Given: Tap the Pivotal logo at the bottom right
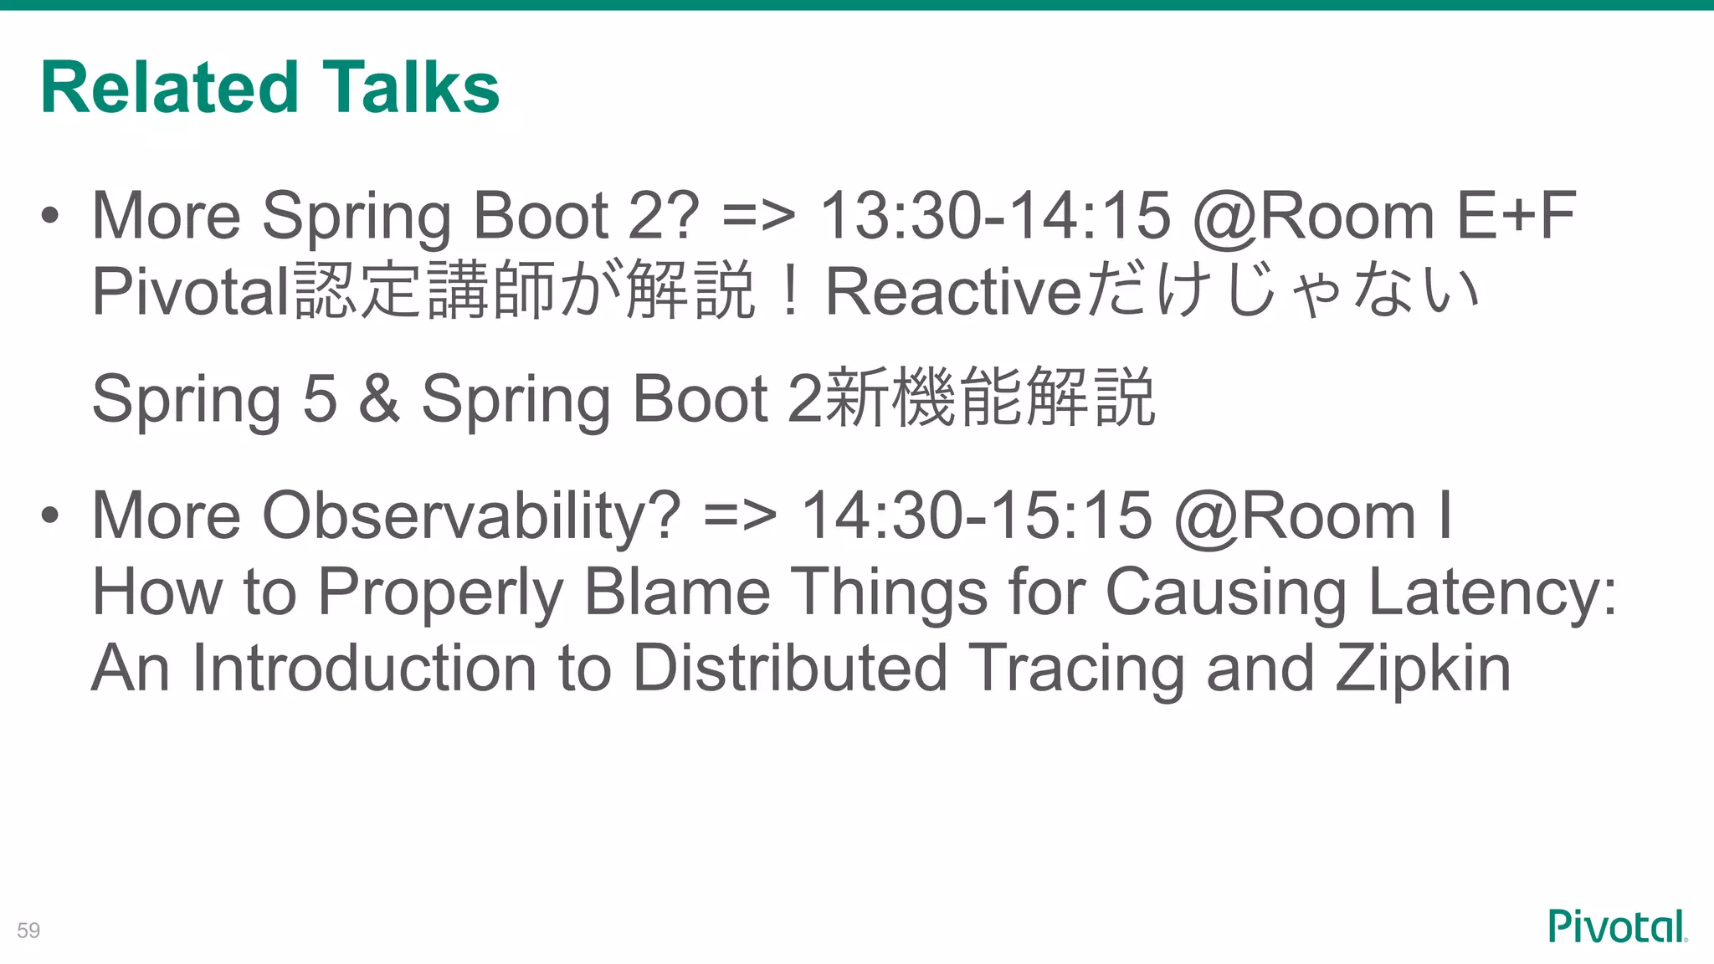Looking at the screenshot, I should pyautogui.click(x=1617, y=926).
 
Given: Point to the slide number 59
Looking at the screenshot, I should pyautogui.click(x=28, y=931).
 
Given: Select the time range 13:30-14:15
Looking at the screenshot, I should pyautogui.click(x=994, y=216).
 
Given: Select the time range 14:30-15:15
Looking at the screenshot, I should pyautogui.click(x=976, y=515).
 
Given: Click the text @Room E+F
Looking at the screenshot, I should pyautogui.click(x=1384, y=216).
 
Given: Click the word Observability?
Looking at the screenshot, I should pyautogui.click(x=471, y=515).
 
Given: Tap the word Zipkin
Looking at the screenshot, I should pyautogui.click(x=1423, y=669).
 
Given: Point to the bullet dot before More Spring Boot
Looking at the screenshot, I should pyautogui.click(x=50, y=216).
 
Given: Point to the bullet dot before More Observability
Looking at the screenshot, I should pyautogui.click(x=50, y=515).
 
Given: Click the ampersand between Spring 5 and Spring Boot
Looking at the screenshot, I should pyautogui.click(x=379, y=398).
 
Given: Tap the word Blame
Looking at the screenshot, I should pyautogui.click(x=676, y=592).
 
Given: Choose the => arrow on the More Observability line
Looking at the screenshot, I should pyautogui.click(x=740, y=515).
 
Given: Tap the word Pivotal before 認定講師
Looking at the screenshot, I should pyautogui.click(x=191, y=292).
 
